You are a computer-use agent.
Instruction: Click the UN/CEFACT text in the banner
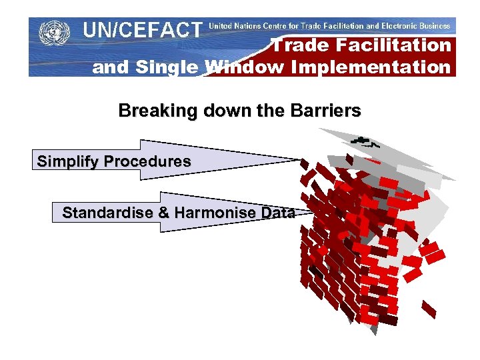point(141,29)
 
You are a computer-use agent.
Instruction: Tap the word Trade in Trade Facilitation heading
point(298,45)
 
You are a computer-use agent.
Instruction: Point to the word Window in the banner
point(239,67)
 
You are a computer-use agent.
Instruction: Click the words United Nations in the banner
point(239,26)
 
